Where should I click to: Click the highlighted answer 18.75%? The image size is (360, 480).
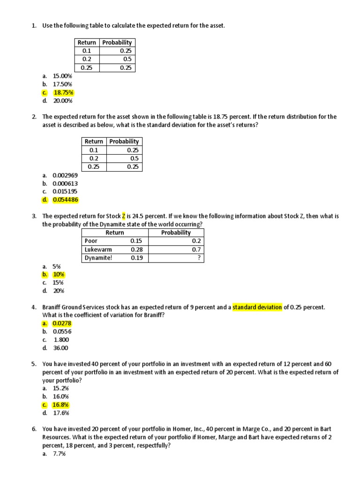click(63, 92)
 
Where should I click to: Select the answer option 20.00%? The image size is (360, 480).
click(63, 101)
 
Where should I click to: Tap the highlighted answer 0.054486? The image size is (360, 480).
click(65, 200)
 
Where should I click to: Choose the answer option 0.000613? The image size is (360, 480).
click(65, 183)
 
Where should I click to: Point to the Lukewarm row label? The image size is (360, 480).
click(98, 249)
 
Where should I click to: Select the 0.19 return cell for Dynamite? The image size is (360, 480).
click(136, 258)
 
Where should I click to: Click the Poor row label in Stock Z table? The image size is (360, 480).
click(91, 241)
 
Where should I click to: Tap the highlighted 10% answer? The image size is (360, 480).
click(59, 274)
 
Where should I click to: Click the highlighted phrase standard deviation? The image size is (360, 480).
click(257, 307)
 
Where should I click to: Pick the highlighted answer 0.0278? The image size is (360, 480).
click(62, 323)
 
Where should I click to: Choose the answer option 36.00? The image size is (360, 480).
click(60, 348)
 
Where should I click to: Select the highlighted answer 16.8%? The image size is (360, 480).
click(61, 405)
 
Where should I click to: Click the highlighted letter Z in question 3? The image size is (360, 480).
click(124, 216)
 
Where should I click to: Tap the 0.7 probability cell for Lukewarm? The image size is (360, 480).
click(196, 249)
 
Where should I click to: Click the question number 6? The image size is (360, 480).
click(34, 429)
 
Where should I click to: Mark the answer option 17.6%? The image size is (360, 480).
click(61, 413)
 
